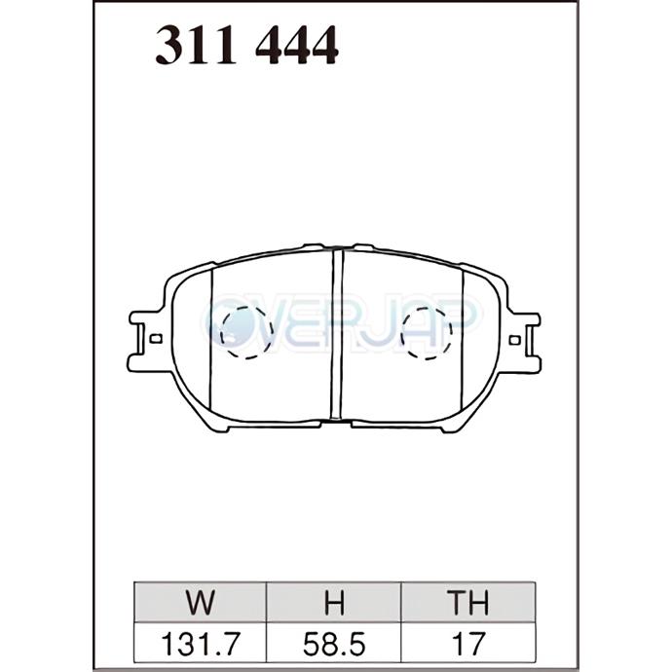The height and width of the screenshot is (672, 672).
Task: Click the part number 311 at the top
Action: pyautogui.click(x=196, y=45)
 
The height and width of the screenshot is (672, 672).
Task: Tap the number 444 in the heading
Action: pyautogui.click(x=297, y=45)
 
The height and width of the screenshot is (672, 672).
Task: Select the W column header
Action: pyautogui.click(x=201, y=602)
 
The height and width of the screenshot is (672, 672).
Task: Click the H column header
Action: pyautogui.click(x=334, y=602)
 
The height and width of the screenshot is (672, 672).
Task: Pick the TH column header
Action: pyautogui.click(x=467, y=602)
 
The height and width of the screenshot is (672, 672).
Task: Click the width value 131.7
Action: pyautogui.click(x=201, y=644)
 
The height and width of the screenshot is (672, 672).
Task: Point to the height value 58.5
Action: pyautogui.click(x=334, y=644)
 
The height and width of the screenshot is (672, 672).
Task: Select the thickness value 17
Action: pyautogui.click(x=467, y=644)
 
